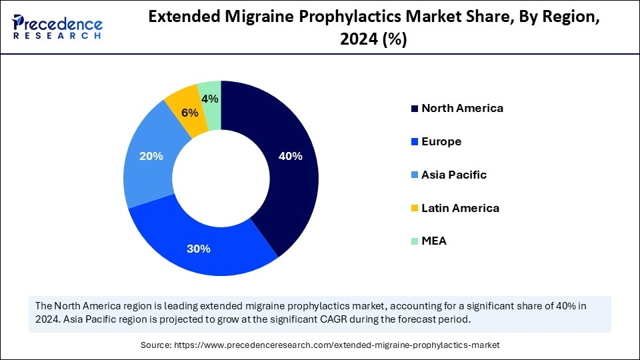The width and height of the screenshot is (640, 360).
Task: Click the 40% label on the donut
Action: pyautogui.click(x=291, y=157)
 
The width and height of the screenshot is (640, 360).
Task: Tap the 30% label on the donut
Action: pyautogui.click(x=199, y=249)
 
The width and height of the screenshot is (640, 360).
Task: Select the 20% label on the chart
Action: pyautogui.click(x=151, y=157)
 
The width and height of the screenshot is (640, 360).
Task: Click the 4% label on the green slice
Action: pyautogui.click(x=210, y=99)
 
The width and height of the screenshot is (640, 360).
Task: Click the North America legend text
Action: pyautogui.click(x=462, y=108)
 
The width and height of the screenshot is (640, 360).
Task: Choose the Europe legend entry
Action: pyautogui.click(x=441, y=141)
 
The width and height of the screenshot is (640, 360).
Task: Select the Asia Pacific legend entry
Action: pyautogui.click(x=454, y=175)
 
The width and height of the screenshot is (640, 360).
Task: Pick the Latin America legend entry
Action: pyautogui.click(x=460, y=208)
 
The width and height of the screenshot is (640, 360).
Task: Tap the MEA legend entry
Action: pyautogui.click(x=434, y=241)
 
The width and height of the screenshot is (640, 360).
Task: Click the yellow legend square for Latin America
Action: pyautogui.click(x=415, y=209)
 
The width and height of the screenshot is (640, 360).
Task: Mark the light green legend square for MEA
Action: pyautogui.click(x=415, y=241)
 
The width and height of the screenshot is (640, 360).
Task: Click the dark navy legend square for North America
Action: pyautogui.click(x=415, y=109)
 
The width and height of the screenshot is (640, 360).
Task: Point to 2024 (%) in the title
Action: pyautogui.click(x=373, y=40)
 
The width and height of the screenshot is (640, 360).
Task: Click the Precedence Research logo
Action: pyautogui.click(x=57, y=27)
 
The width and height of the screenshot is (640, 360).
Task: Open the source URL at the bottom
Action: pyautogui.click(x=337, y=345)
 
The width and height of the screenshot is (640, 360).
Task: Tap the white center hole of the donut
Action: pyautogui.click(x=221, y=177)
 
